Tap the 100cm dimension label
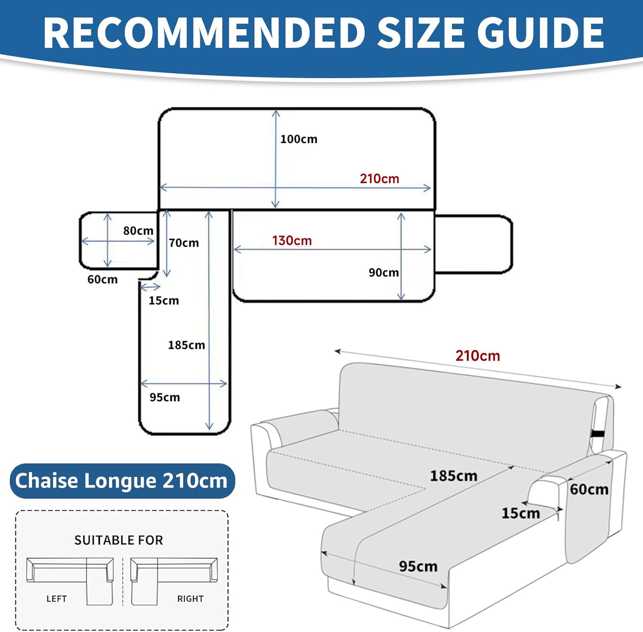299,139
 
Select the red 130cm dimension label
292,241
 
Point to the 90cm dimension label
384,273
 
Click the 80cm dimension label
138,231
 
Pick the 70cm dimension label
184,243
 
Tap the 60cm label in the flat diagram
102,280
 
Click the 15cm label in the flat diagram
164,301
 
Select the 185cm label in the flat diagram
186,345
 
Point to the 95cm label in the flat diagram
165,397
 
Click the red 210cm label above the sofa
478,356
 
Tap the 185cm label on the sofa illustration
454,476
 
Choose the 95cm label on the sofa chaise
418,566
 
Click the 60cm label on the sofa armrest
589,489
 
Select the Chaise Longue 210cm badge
122,481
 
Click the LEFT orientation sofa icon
70,581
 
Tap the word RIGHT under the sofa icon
190,599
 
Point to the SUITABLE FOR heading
119,540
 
